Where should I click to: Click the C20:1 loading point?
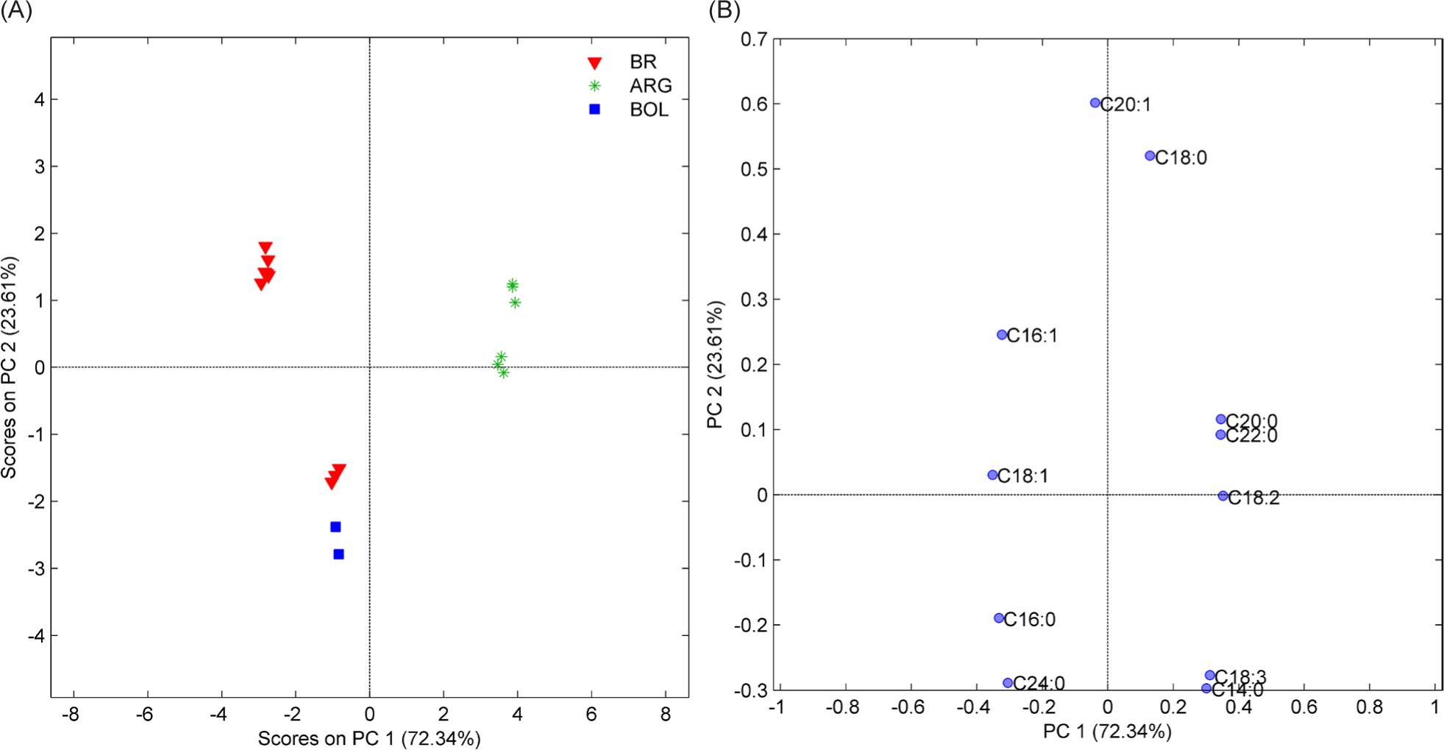[x=1095, y=103]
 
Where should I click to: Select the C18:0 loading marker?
[x=1150, y=155]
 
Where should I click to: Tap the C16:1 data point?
[x=1001, y=335]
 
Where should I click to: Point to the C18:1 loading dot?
[x=992, y=475]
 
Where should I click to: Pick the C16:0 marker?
[x=998, y=618]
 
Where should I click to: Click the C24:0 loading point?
[x=1008, y=683]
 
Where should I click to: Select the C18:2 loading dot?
[x=1223, y=496]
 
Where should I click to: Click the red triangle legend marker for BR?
[x=594, y=63]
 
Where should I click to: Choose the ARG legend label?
[x=650, y=86]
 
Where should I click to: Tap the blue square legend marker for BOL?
[x=594, y=110]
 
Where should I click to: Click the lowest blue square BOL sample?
[x=338, y=554]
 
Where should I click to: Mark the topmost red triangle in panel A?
[x=266, y=248]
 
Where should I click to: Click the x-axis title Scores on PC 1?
[x=369, y=738]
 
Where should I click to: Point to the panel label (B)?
[x=724, y=11]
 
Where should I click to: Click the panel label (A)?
[x=16, y=11]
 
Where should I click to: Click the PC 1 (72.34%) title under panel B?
[x=1106, y=732]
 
